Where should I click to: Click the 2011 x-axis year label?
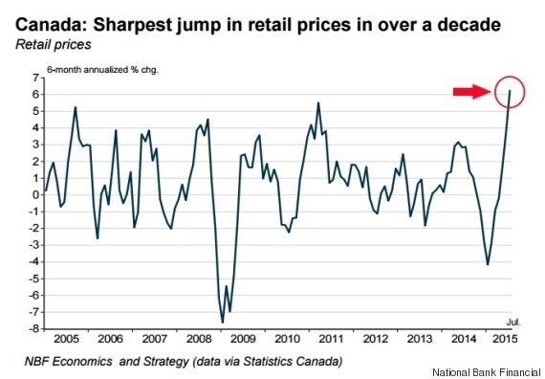point(332,340)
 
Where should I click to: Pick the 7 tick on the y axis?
point(34,77)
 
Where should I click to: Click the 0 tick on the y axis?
point(34,193)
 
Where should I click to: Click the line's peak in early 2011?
point(318,103)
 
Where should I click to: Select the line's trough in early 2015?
point(488,264)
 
